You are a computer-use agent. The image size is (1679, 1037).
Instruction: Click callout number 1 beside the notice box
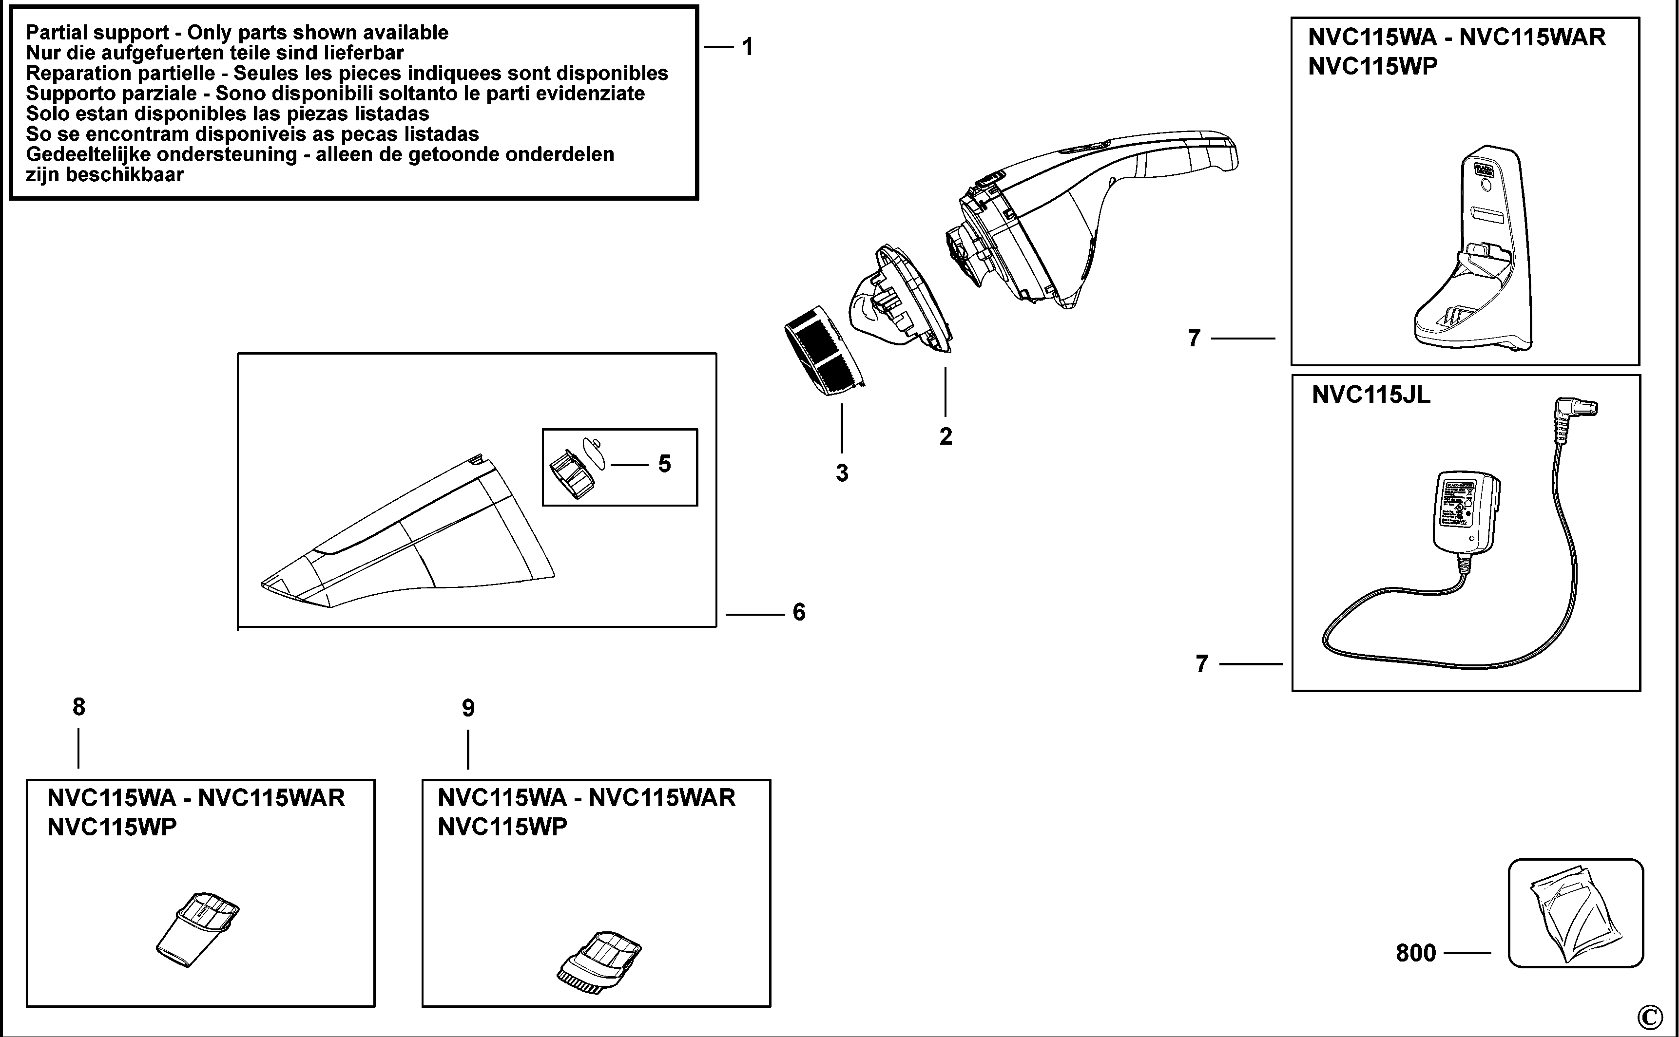pyautogui.click(x=748, y=47)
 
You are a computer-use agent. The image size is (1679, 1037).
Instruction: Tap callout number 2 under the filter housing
pyautogui.click(x=946, y=437)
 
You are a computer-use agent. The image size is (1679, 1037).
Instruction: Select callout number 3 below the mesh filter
pyautogui.click(x=842, y=473)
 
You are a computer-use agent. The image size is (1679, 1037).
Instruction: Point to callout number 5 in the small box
pyautogui.click(x=664, y=464)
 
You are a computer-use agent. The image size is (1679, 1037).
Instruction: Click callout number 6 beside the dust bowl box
pyautogui.click(x=799, y=612)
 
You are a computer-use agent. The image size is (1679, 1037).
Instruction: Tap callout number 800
pyautogui.click(x=1415, y=953)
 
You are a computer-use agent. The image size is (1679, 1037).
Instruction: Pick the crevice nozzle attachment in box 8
pyautogui.click(x=197, y=929)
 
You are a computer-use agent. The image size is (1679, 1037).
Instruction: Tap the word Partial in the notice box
pyautogui.click(x=56, y=33)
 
